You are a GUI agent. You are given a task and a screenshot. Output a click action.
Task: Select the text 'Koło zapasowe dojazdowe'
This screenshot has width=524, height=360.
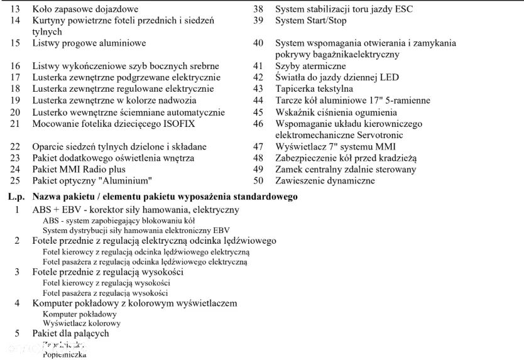(x=85, y=9)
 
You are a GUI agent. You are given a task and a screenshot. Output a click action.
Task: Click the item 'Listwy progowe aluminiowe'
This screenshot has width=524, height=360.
(x=89, y=43)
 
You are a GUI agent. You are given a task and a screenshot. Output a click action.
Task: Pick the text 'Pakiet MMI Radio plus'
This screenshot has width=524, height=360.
(x=79, y=170)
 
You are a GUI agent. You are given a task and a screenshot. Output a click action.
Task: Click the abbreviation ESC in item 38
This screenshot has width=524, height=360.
(x=404, y=9)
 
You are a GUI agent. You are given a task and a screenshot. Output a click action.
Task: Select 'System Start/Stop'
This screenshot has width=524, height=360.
(x=310, y=21)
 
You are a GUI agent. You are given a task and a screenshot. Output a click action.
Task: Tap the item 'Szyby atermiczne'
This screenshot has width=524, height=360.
(x=310, y=66)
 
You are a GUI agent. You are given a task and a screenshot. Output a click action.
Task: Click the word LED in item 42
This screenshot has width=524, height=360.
(x=390, y=78)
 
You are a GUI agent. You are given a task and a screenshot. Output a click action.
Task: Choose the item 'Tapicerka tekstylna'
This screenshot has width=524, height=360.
(x=314, y=89)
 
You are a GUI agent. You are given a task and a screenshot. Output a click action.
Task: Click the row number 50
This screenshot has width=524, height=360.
(x=258, y=181)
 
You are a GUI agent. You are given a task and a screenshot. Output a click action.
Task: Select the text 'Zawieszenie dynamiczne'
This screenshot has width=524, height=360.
(x=325, y=181)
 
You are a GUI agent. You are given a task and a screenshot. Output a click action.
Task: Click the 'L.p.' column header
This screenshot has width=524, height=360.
(x=16, y=197)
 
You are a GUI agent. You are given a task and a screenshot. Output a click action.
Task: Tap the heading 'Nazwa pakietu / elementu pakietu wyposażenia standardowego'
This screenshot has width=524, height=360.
(x=165, y=197)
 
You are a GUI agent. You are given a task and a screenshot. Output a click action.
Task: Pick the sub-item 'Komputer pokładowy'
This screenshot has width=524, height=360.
(x=79, y=314)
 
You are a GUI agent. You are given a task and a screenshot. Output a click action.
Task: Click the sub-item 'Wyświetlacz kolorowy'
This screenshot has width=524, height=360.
(x=82, y=324)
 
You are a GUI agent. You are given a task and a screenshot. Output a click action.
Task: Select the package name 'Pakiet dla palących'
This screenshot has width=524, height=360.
(x=70, y=334)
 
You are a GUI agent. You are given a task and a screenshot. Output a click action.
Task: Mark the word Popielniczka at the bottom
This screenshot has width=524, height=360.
(x=64, y=354)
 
